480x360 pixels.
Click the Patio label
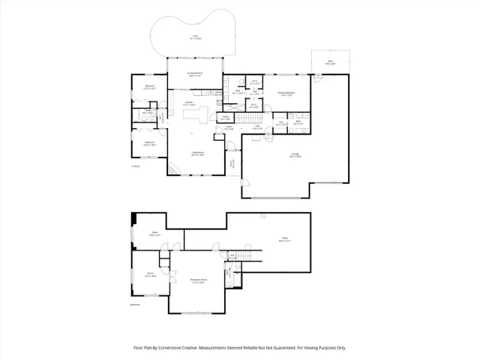pyautogui.click(x=194, y=37)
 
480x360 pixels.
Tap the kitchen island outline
pyautogui.click(x=191, y=118)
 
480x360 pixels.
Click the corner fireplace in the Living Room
pyautogui.click(x=173, y=170)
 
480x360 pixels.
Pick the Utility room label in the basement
pyautogui.click(x=283, y=238)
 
